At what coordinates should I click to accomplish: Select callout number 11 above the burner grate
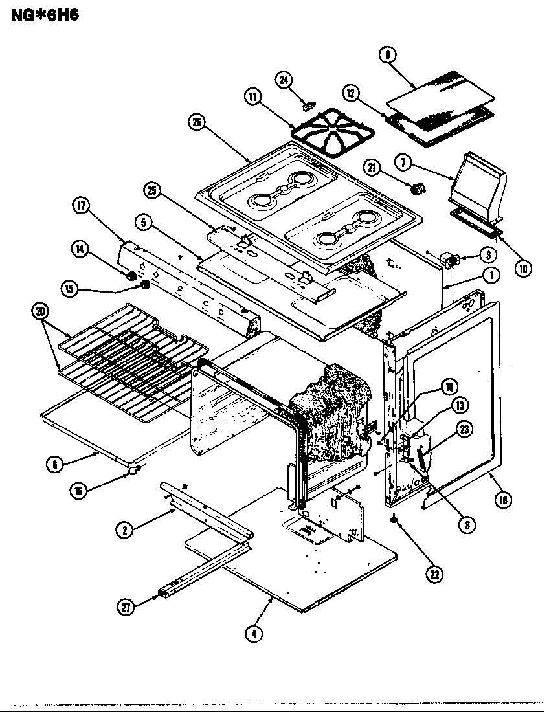[x=252, y=97]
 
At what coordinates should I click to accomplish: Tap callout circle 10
[x=523, y=267]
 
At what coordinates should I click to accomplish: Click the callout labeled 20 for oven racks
[x=41, y=312]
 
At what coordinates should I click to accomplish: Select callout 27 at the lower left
[x=127, y=606]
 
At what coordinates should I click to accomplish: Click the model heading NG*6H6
[x=45, y=14]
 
